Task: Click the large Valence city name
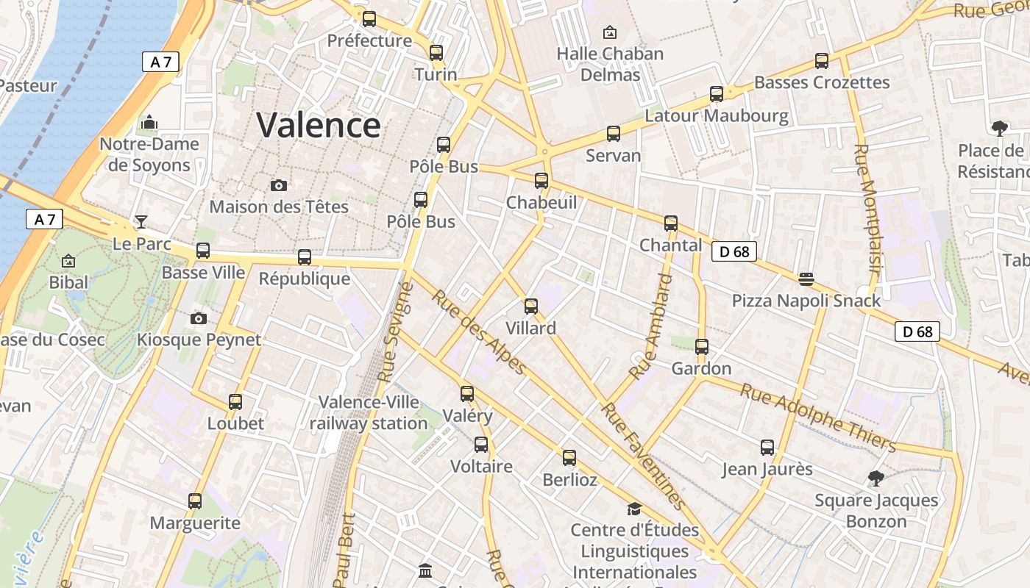coord(319,125)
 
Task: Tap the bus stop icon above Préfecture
coord(369,19)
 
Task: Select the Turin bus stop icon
coord(436,53)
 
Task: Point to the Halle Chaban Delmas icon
coord(609,32)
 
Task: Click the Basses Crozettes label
coord(822,82)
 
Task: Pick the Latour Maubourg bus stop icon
coord(717,94)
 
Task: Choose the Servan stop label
coord(614,156)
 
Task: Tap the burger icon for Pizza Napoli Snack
coord(806,279)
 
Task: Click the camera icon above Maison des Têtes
coord(278,185)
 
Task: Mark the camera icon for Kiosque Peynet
coord(199,318)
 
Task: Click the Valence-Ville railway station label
coord(369,413)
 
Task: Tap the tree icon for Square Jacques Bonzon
coord(876,478)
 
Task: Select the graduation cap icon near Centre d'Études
coord(634,509)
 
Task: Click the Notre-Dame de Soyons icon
coord(149,122)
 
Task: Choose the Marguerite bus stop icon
coord(195,501)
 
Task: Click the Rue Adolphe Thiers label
coord(817,417)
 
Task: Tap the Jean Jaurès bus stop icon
coord(767,447)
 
